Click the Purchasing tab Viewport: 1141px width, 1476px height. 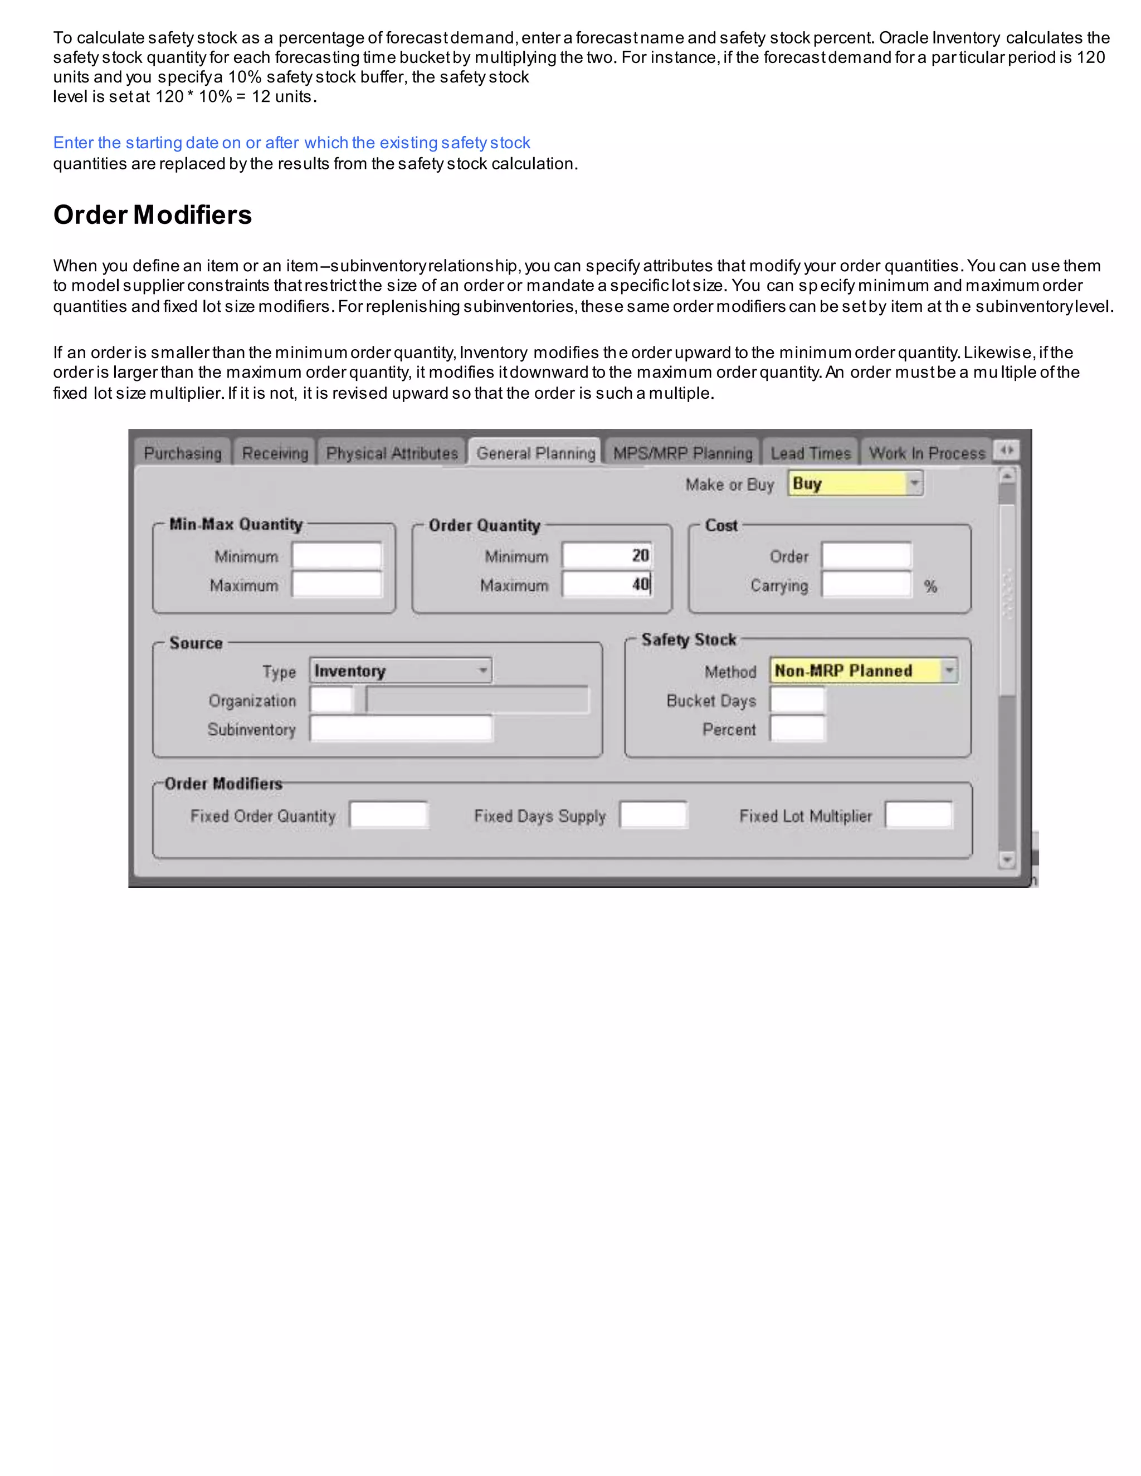pyautogui.click(x=183, y=453)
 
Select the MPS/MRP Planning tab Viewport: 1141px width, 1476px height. pyautogui.click(x=682, y=453)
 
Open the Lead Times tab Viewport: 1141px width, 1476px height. pyautogui.click(x=811, y=453)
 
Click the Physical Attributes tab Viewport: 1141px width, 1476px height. pyautogui.click(x=392, y=453)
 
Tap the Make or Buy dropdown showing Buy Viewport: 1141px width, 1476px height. pyautogui.click(x=855, y=484)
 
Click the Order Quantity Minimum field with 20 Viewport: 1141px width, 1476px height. pyautogui.click(x=607, y=555)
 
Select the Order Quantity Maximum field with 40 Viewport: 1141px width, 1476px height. pyautogui.click(x=607, y=585)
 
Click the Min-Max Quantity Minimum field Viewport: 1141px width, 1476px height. pyautogui.click(x=337, y=555)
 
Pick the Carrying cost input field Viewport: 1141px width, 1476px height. pyautogui.click(x=866, y=585)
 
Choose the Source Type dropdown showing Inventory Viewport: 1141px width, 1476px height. pyautogui.click(x=400, y=671)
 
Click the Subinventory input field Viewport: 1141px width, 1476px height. pyautogui.click(x=401, y=729)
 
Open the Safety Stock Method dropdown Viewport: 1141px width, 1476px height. pyautogui.click(x=863, y=671)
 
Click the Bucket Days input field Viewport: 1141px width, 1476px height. pyautogui.click(x=798, y=700)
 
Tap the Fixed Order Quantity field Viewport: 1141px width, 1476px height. pyautogui.click(x=389, y=815)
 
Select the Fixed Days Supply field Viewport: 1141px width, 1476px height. pyautogui.click(x=653, y=815)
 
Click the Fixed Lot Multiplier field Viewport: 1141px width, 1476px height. pyautogui.click(x=919, y=815)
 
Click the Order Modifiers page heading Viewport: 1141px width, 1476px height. pyautogui.click(x=153, y=215)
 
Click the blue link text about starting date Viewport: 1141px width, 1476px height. pyautogui.click(x=291, y=143)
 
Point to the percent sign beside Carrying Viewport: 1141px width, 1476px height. pyautogui.click(x=931, y=587)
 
